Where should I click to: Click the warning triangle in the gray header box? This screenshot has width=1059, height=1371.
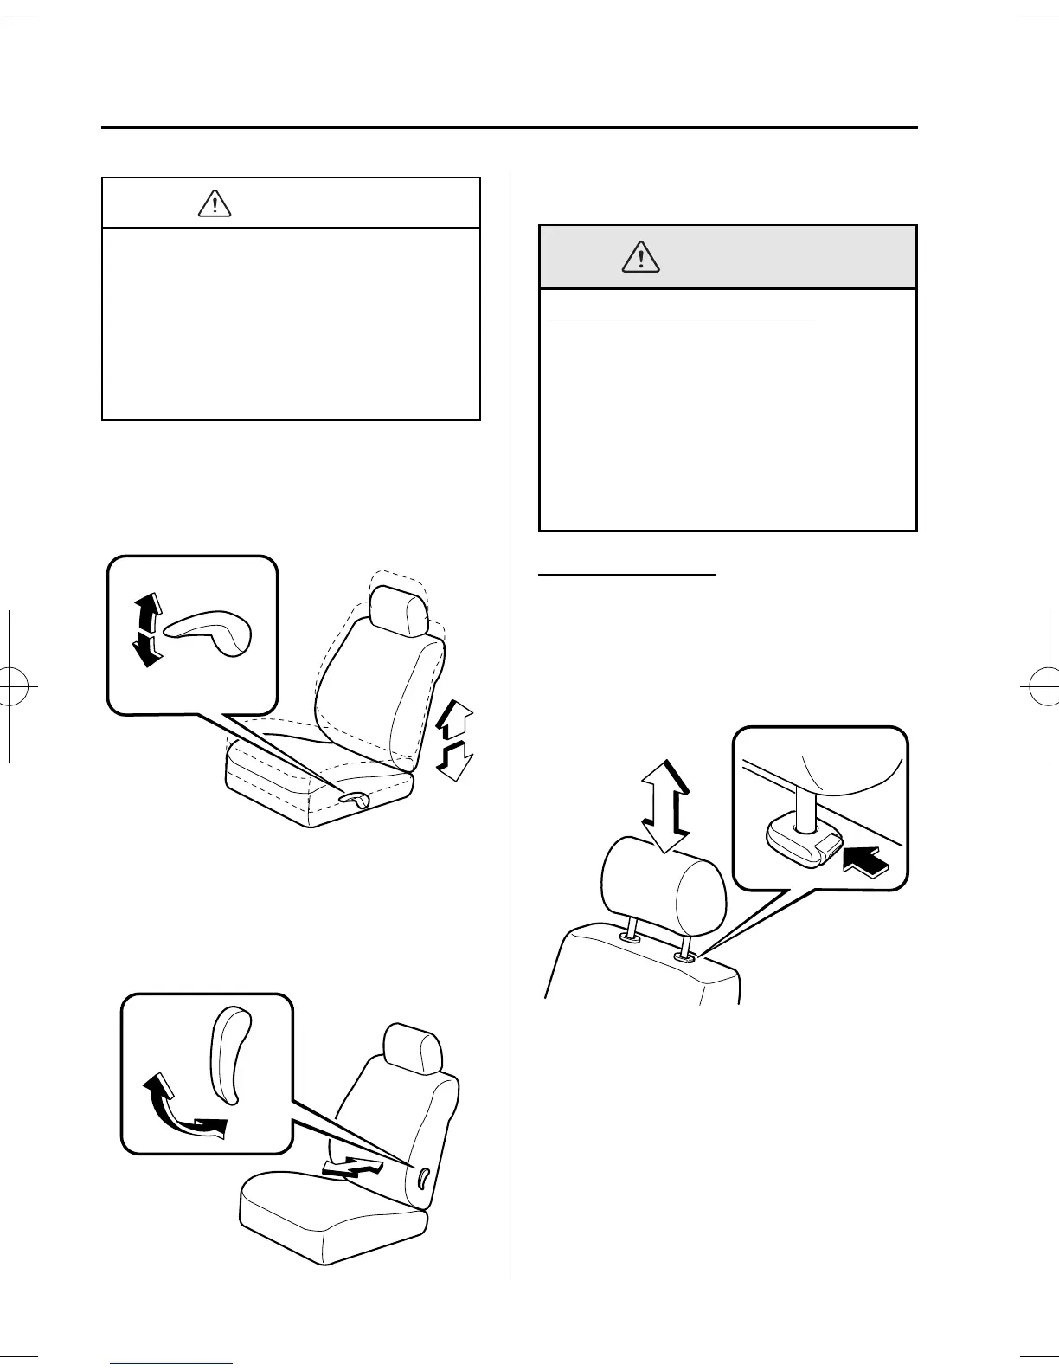(x=641, y=257)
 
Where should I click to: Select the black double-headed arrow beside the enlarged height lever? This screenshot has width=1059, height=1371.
(x=148, y=629)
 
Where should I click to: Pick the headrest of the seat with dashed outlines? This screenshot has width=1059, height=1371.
(x=397, y=606)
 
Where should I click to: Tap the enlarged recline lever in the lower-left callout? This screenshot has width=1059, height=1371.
(x=228, y=1053)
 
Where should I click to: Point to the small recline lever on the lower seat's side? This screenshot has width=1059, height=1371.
(x=422, y=1177)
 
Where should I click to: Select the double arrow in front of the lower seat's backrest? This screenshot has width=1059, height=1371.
(x=350, y=1168)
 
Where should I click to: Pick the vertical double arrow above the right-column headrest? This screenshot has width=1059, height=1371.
(x=665, y=806)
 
